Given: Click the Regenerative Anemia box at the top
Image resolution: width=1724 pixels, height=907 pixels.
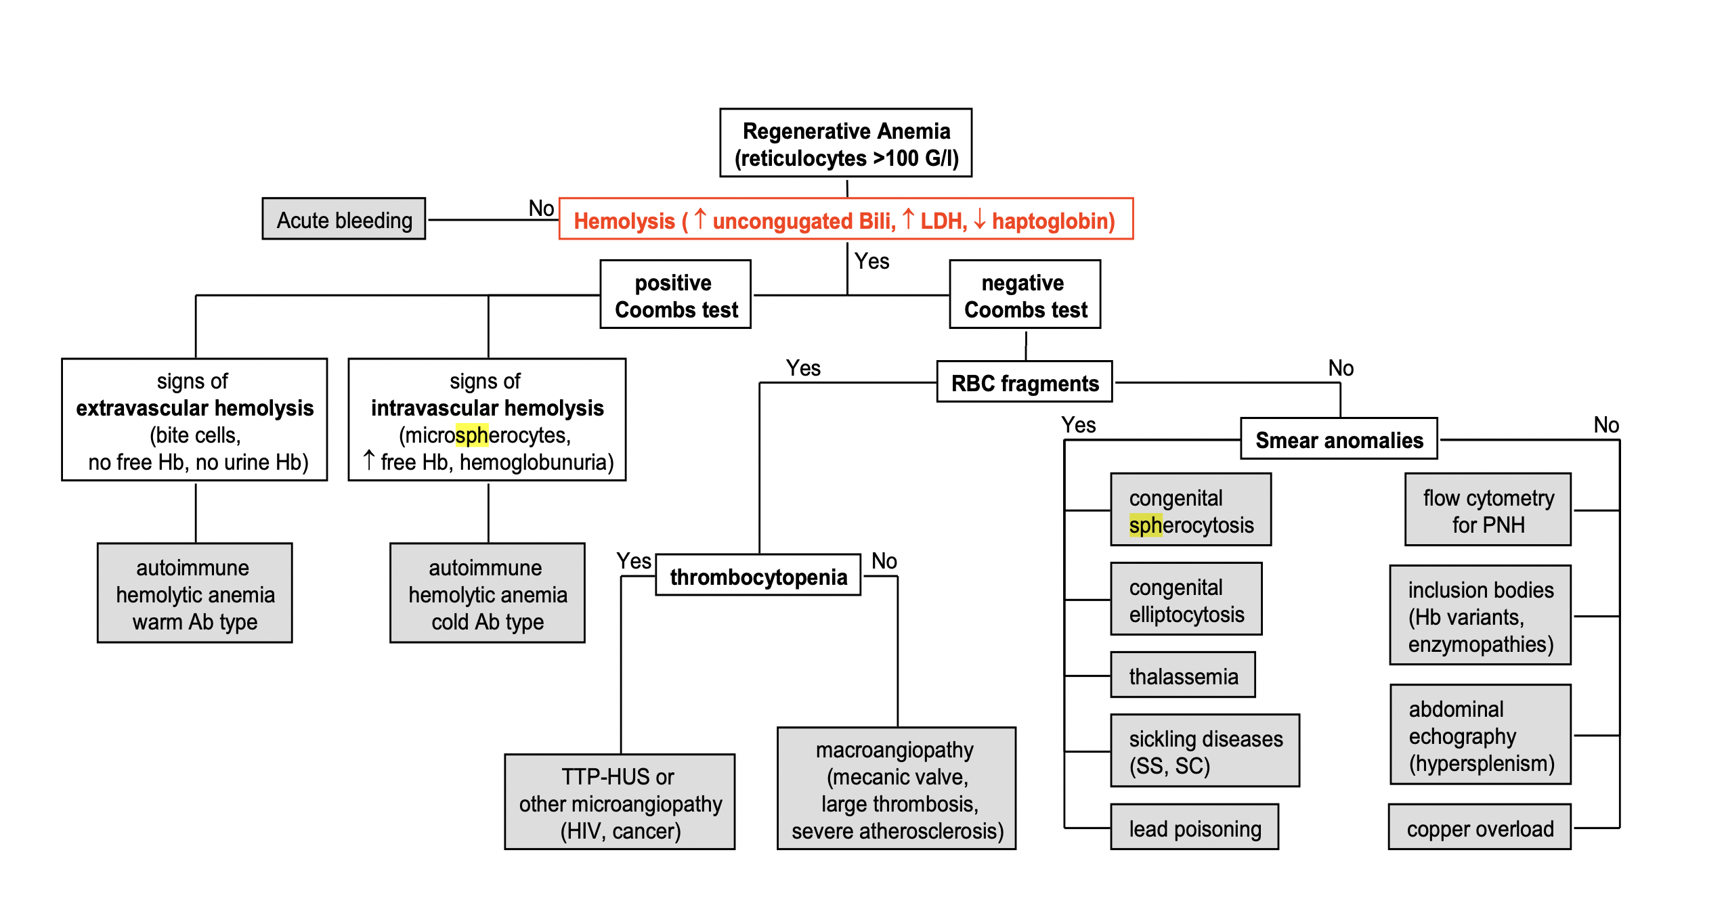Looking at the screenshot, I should tap(846, 143).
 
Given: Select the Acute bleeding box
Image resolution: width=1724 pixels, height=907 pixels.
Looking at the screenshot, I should tap(344, 219).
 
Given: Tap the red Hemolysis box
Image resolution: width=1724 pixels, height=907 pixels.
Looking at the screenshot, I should tap(846, 219).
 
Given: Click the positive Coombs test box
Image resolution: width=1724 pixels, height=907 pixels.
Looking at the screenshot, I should tap(676, 295).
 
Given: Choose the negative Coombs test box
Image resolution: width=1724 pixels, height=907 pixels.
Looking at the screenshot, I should tap(1025, 295).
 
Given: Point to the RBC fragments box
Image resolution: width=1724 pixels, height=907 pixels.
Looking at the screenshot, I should tap(1025, 382).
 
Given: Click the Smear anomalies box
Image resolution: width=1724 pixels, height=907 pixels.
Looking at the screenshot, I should tap(1339, 439).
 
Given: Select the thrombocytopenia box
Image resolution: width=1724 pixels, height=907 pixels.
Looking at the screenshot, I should tap(758, 576).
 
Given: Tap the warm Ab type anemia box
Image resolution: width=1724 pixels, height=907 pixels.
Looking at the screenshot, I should tap(195, 594).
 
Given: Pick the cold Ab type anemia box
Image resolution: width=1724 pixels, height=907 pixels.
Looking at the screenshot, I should tap(488, 594).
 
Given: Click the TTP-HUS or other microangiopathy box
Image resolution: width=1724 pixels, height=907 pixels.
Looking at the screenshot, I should tap(620, 803).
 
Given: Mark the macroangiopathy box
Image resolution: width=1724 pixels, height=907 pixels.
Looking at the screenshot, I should tap(897, 789).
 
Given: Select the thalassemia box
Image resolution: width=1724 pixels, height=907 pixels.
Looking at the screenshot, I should tap(1183, 676).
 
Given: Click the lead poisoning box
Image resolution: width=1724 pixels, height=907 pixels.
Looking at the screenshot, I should tap(1194, 828).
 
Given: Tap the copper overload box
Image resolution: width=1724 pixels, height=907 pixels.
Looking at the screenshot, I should tap(1480, 828).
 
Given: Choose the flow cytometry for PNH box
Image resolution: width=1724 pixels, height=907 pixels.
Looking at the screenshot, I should tap(1488, 510).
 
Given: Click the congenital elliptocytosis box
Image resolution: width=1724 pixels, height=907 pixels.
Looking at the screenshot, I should tap(1186, 600).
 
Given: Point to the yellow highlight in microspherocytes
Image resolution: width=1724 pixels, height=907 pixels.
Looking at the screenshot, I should tap(472, 435).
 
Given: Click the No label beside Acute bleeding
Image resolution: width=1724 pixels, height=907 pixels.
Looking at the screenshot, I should tap(541, 208).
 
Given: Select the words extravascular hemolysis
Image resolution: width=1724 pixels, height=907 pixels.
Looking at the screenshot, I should tap(195, 408).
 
